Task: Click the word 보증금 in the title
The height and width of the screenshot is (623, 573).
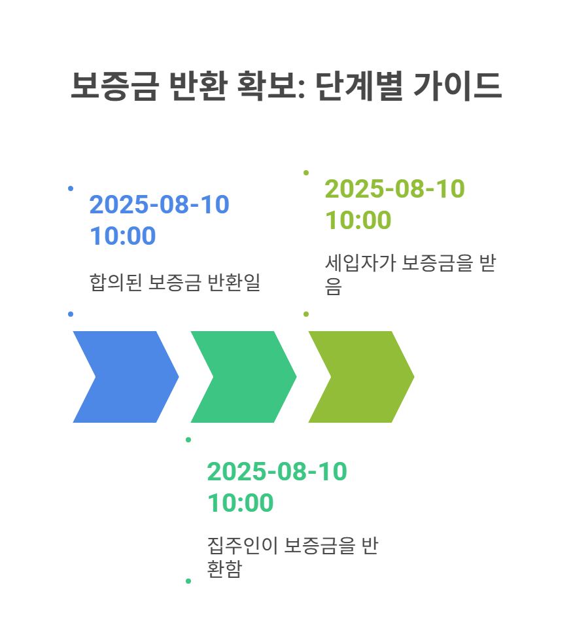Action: coord(113,86)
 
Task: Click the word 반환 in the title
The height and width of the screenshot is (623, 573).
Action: coord(198,86)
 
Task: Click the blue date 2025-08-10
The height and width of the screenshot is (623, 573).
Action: coord(159,204)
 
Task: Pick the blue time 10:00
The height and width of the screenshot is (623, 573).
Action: coord(122,236)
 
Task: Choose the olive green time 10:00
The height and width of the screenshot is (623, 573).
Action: coord(358,221)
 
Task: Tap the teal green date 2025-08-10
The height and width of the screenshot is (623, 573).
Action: coord(277,471)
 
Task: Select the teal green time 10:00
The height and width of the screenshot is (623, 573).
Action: coord(240,503)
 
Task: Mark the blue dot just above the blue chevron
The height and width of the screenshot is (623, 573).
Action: coord(71,314)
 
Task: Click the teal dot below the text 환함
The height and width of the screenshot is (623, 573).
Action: coord(188,581)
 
